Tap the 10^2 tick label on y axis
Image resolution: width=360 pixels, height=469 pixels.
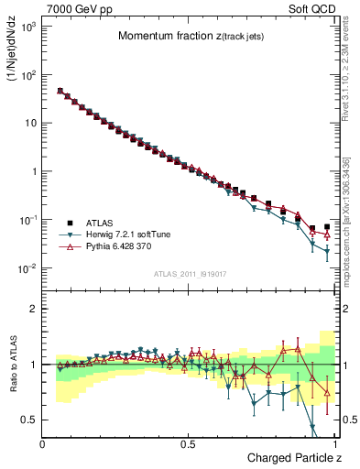point(26,75)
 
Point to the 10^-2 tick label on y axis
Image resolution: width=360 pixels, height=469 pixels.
point(26,268)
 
